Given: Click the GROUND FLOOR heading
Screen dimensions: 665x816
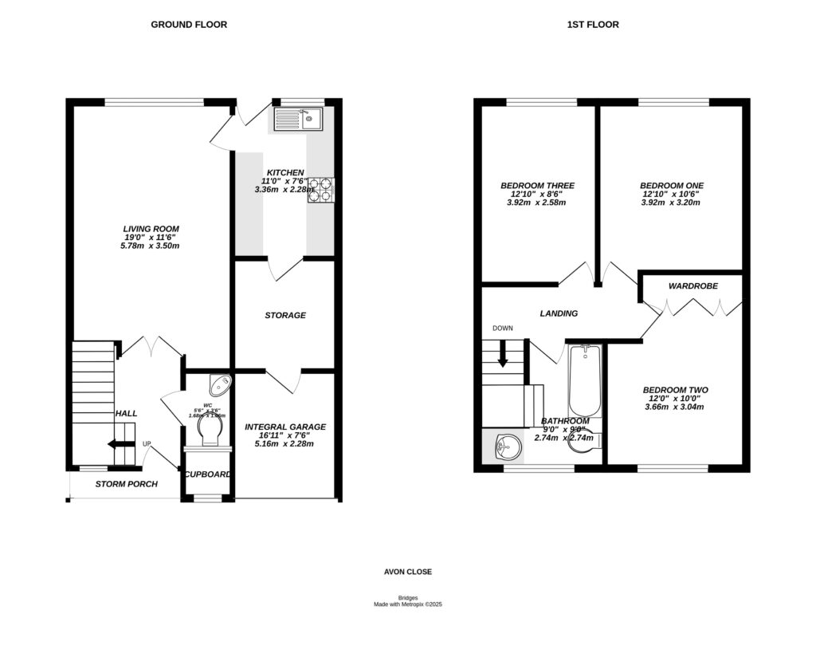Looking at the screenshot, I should point(189,25).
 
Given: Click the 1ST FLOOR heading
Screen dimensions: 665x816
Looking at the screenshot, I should point(592,25).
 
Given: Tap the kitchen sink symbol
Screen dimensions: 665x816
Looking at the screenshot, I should point(297,120).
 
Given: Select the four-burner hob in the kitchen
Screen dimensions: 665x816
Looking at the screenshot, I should point(321,191).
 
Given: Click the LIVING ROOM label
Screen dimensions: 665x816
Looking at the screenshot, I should point(145,229).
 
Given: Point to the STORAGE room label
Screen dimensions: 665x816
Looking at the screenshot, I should point(285,316).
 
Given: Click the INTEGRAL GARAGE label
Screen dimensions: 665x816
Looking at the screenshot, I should point(285,427).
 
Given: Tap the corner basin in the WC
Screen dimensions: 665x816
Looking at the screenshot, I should point(218,387).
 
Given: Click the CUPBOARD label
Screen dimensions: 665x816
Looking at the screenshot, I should point(208,474).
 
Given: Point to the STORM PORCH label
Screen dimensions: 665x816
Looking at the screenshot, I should point(126,484).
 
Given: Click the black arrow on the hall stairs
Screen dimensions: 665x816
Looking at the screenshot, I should point(122,446).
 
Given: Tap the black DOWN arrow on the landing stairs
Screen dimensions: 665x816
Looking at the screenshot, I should point(503,355).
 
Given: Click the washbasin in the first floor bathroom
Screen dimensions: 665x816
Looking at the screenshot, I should point(504,446).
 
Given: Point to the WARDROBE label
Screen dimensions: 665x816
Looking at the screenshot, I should point(692,285).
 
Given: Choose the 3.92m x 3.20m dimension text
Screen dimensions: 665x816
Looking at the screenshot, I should point(670,203).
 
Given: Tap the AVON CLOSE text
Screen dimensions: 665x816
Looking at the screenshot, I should point(408,572).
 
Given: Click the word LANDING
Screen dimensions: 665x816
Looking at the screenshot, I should point(559,313).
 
